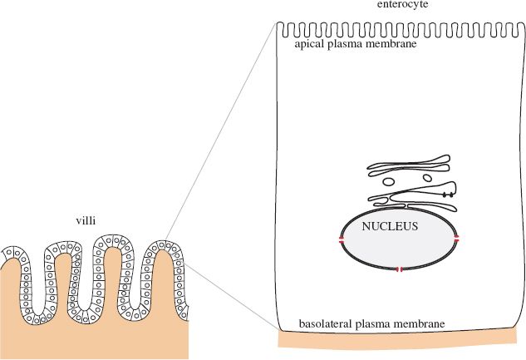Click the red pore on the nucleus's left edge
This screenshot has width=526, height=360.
[341, 239]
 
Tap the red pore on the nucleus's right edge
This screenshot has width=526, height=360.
[456, 239]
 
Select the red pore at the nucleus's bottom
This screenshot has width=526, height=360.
[400, 269]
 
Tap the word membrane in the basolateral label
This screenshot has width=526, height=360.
[420, 323]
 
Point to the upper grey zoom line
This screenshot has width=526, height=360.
[220, 132]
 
